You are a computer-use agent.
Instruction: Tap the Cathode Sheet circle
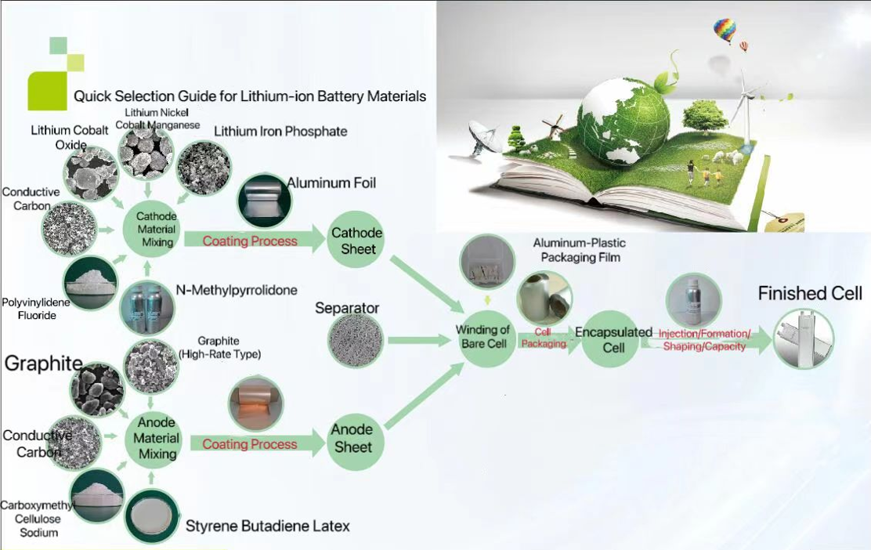tap(356, 240)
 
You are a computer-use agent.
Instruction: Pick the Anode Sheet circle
tap(353, 439)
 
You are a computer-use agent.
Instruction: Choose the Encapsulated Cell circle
tap(613, 339)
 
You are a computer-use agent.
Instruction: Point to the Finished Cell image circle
tap(803, 339)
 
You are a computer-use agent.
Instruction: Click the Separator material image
tap(356, 340)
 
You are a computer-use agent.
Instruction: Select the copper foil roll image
tap(256, 404)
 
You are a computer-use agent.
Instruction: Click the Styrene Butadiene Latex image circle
tap(152, 516)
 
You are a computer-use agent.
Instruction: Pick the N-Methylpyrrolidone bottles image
tap(147, 307)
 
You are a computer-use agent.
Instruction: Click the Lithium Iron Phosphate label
tap(280, 131)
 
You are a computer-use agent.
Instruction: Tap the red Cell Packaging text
tap(544, 338)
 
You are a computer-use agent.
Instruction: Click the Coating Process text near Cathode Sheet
tap(249, 241)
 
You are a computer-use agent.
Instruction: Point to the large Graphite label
tap(43, 364)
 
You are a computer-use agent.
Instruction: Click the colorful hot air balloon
tap(725, 31)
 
